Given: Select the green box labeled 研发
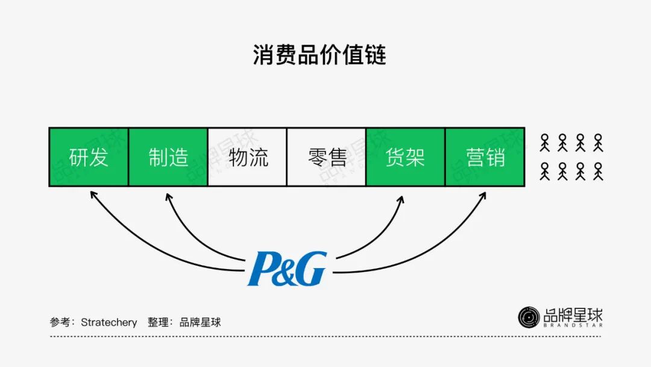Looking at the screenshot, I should coord(89,157).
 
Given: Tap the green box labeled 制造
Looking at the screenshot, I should coord(168,157).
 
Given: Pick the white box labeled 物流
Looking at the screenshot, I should coord(248,157).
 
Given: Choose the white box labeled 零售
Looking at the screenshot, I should coord(327,157).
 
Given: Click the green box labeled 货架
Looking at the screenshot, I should coord(406,157).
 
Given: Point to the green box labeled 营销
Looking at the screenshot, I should coord(485,157).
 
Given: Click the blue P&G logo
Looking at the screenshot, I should coord(288,269).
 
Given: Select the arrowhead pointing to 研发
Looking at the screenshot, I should coord(92,194).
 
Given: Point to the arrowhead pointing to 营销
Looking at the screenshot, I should coord(483,195).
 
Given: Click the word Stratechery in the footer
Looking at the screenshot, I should coord(108,322).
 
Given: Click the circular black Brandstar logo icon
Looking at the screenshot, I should coord(529,318).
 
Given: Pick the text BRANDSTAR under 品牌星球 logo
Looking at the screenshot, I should coord(573,325).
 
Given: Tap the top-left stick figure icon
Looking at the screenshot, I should coord(545,142).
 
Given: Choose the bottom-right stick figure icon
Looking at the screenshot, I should coord(598,171).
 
